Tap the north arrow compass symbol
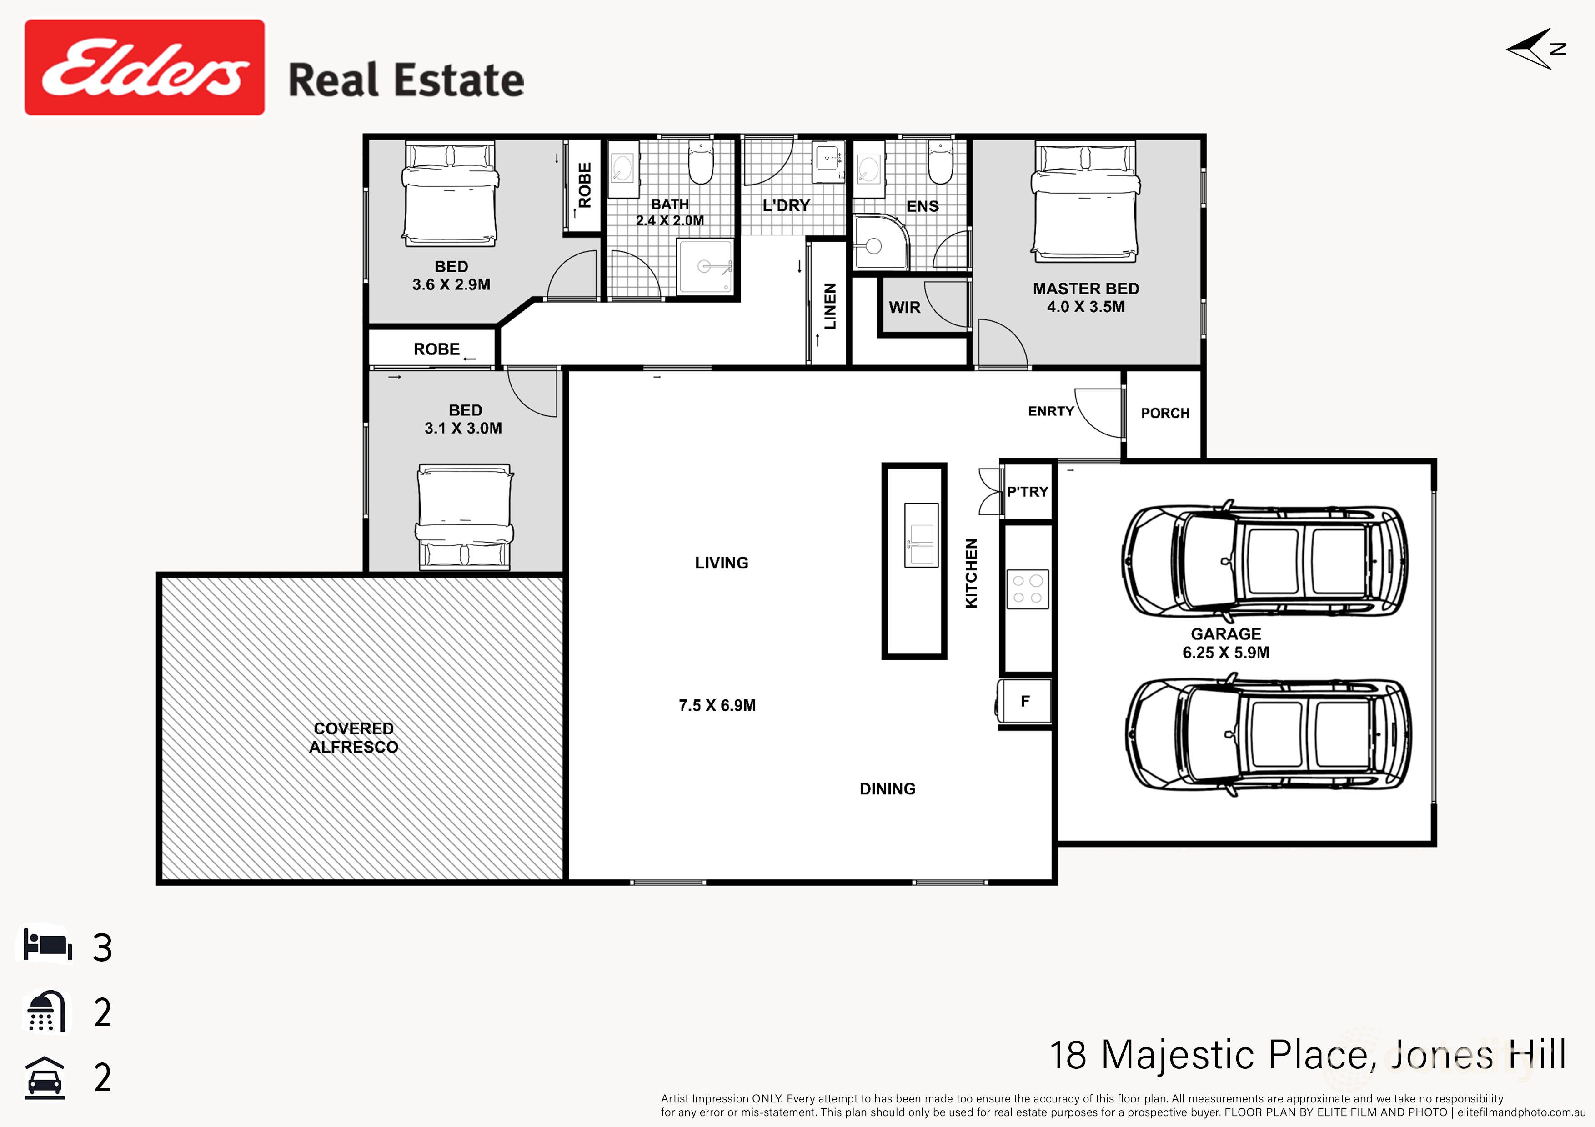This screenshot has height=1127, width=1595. tap(1533, 49)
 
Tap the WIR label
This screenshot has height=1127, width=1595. tap(904, 307)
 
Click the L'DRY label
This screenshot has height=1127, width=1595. tap(786, 205)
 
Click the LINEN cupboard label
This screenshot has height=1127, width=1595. tap(829, 306)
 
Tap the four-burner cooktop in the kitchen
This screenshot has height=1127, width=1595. tap(1028, 589)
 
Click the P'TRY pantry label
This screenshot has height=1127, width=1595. tap(1027, 492)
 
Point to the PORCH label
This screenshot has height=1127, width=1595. tap(1165, 413)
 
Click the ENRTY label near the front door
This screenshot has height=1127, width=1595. tap(1050, 411)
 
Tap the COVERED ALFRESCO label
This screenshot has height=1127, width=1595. tap(354, 738)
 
